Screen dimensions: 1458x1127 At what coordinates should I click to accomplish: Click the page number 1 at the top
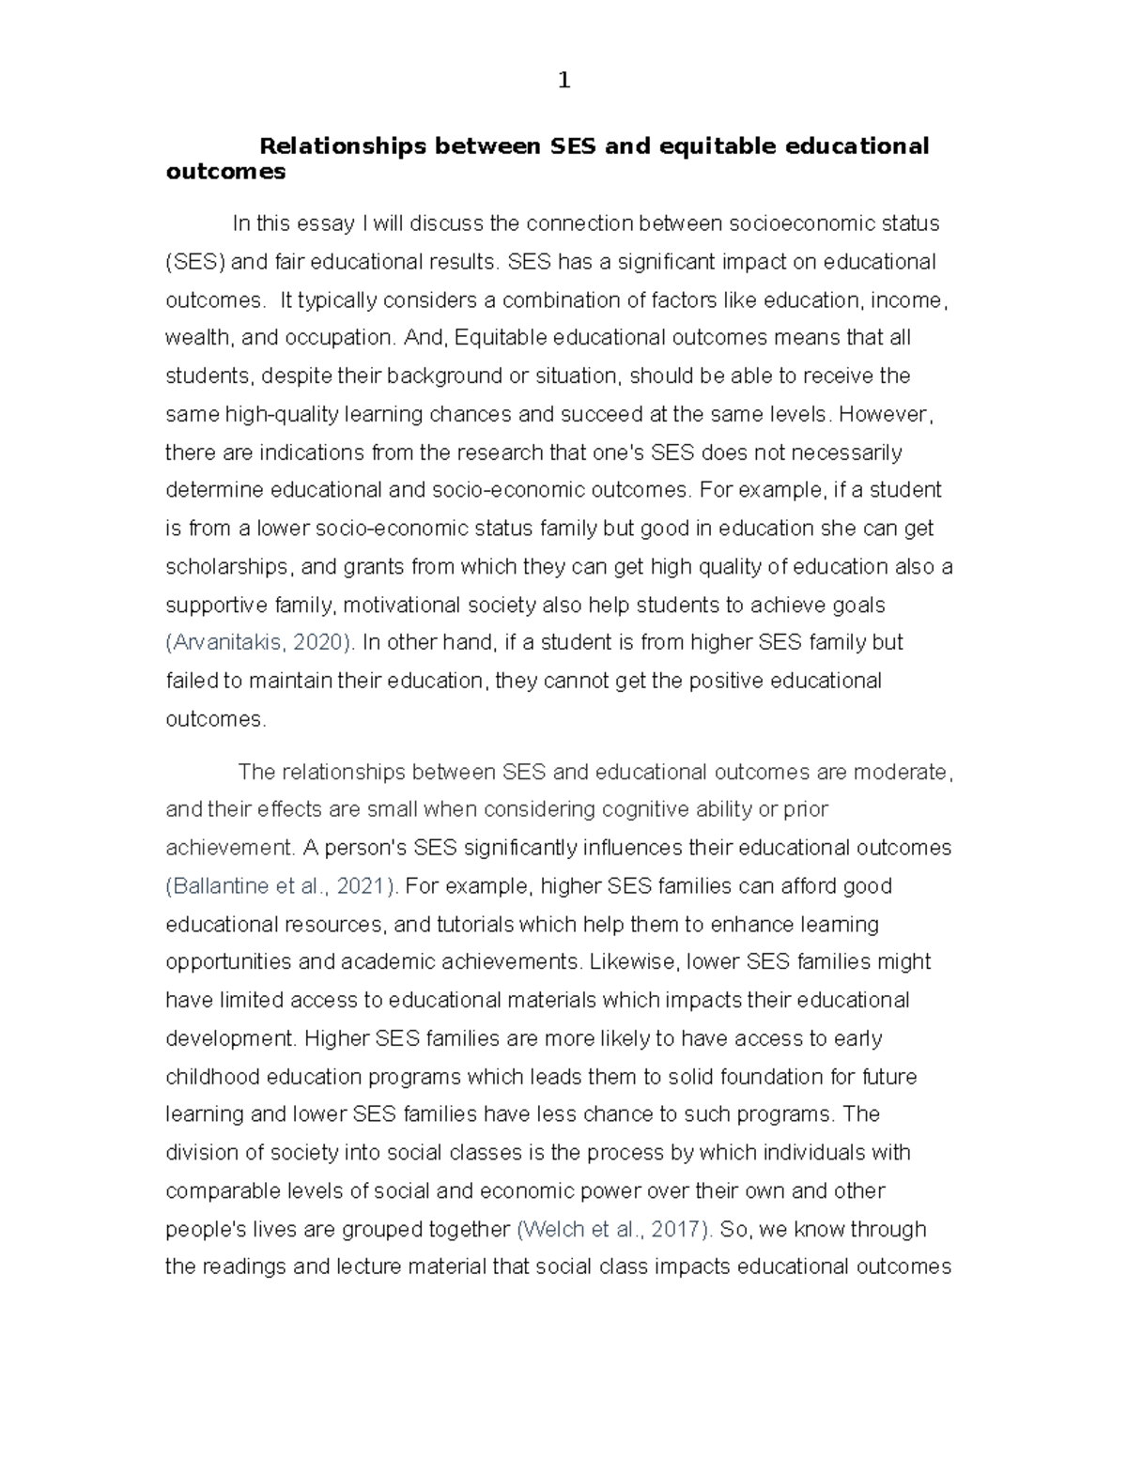pos(563,82)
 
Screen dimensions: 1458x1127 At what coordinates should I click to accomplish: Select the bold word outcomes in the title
pos(224,172)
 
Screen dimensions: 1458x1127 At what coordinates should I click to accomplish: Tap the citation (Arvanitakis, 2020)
pos(260,643)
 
